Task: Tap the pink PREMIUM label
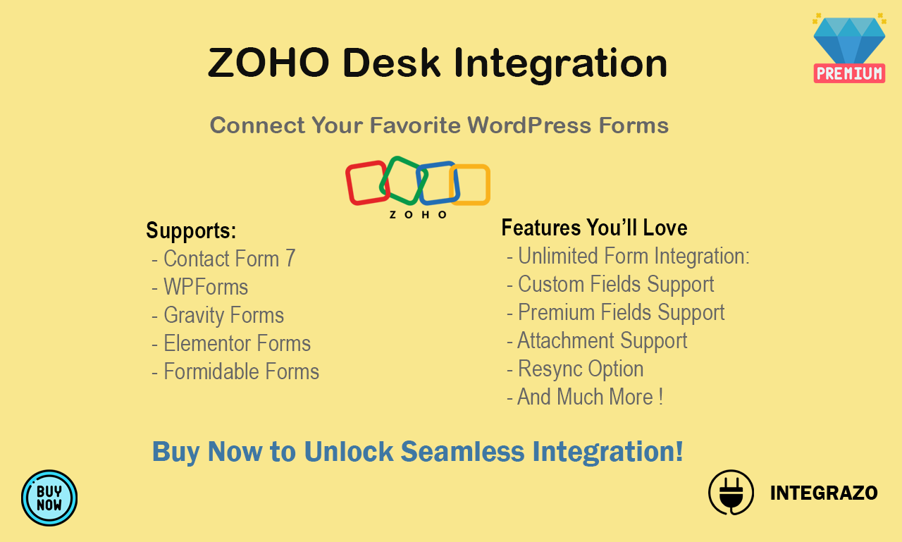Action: pos(849,73)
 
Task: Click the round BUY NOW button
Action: pos(49,498)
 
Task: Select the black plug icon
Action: pos(731,493)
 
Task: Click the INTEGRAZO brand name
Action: pos(824,493)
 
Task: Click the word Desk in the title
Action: pos(391,63)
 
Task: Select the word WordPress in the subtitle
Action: pos(529,125)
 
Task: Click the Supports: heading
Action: pos(191,230)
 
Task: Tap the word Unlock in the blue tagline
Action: pos(349,451)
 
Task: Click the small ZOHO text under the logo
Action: pos(418,215)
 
